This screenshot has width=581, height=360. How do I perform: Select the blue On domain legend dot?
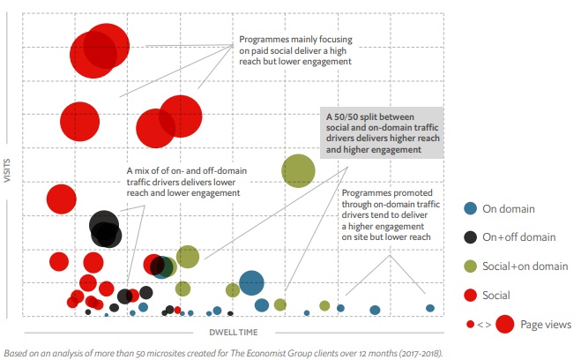point(471,208)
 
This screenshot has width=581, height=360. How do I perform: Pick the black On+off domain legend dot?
point(471,237)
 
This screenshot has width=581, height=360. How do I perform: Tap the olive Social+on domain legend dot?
point(471,266)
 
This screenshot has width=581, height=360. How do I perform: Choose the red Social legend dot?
point(471,295)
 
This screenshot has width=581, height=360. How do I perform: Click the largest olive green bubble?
point(298,170)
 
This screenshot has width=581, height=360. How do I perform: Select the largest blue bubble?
point(251,282)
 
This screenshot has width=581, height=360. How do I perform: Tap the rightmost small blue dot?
point(430,308)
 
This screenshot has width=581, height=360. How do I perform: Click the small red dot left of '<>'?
point(470,325)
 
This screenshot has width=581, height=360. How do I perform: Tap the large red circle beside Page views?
point(505,325)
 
